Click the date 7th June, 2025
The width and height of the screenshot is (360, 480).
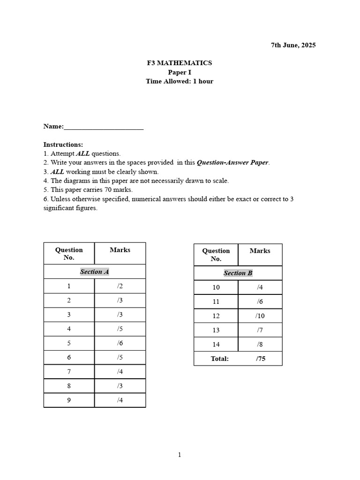[x=293, y=45]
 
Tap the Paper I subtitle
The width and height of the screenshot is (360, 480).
[x=180, y=72]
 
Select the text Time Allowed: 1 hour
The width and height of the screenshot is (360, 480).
[x=180, y=81]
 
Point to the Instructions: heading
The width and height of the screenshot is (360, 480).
[x=63, y=144]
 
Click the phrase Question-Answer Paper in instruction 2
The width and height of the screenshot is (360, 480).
[x=233, y=163]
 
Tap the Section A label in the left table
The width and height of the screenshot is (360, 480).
[x=94, y=272]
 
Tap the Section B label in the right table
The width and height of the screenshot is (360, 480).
[x=238, y=273]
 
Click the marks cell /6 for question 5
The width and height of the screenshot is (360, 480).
[x=120, y=343]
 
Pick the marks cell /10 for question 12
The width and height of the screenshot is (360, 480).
[x=260, y=316]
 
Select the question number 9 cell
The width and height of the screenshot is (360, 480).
[x=69, y=400]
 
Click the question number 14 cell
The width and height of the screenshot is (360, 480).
[x=216, y=345]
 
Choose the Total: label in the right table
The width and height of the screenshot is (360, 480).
[x=220, y=359]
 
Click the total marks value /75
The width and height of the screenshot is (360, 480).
[x=260, y=359]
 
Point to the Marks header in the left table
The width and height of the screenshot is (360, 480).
[x=120, y=250]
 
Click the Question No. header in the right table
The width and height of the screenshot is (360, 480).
[x=216, y=255]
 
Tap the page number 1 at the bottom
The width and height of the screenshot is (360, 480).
[x=180, y=455]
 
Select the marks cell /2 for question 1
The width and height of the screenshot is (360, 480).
[x=120, y=286]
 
